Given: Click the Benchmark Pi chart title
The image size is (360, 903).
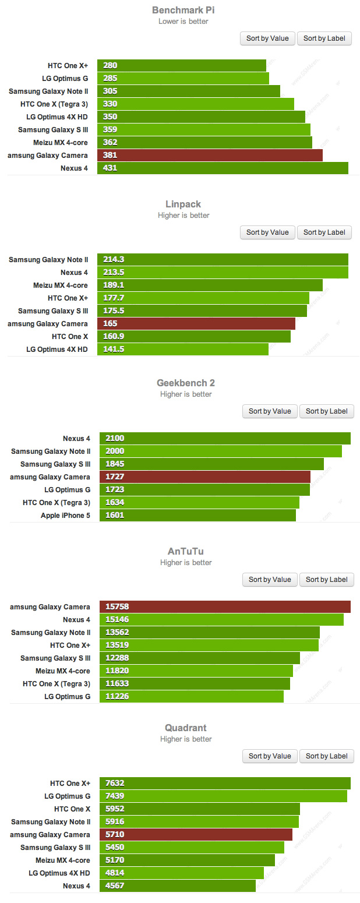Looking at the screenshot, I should pos(183,10).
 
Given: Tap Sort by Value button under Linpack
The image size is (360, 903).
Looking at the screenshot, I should pos(267,232).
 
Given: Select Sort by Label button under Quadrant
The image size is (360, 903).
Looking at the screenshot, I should pos(326,756).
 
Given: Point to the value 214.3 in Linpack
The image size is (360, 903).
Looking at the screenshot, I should pos(114,259).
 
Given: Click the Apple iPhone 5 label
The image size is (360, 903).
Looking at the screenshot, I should pos(65,515).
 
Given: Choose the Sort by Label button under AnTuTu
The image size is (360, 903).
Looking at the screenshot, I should pos(326,579).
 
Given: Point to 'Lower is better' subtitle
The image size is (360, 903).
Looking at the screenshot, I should pos(183,22).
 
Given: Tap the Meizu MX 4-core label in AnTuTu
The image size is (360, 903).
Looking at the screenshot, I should pos(62,671).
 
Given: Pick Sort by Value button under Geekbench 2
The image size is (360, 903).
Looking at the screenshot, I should pos(270,411).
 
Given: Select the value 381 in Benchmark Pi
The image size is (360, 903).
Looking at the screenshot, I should pos(110,155).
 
